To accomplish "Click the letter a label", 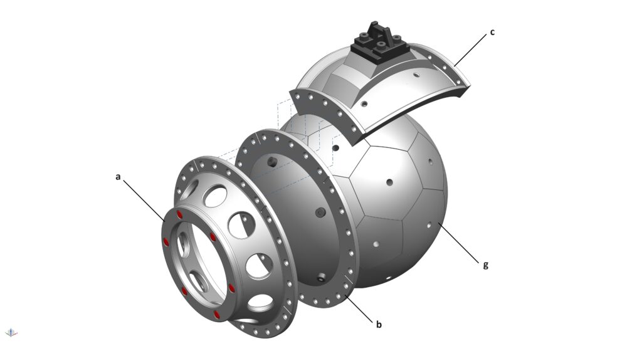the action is (118, 177).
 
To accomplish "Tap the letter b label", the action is (379, 324).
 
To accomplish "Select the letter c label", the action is (492, 32).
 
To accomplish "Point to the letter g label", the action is (486, 265).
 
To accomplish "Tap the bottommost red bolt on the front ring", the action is (216, 315).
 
